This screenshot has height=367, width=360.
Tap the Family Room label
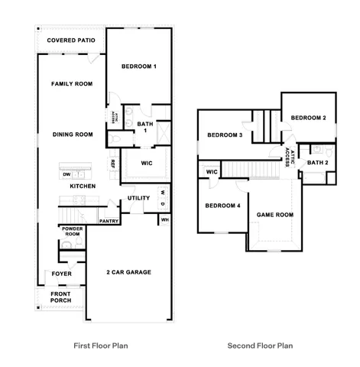click(72, 83)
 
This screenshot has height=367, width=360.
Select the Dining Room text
click(73, 135)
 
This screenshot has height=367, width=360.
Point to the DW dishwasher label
click(66, 174)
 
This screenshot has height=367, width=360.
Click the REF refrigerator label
click(112, 163)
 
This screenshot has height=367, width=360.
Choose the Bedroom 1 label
click(139, 67)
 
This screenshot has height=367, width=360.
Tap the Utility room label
click(139, 198)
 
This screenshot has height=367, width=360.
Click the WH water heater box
click(164, 220)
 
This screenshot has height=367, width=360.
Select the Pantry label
click(108, 221)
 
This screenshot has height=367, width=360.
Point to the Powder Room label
click(72, 232)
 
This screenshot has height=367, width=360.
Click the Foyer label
click(61, 274)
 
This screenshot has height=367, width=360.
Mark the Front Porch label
click(61, 297)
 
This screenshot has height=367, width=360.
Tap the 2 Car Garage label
click(128, 271)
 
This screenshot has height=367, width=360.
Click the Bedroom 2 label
click(309, 118)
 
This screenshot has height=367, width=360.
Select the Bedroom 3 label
click(225, 135)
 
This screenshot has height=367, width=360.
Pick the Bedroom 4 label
click(222, 205)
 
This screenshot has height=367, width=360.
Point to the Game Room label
click(274, 215)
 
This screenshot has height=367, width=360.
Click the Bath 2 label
click(318, 162)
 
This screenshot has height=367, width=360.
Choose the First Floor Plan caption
click(100, 346)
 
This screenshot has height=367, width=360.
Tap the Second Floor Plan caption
click(260, 346)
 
